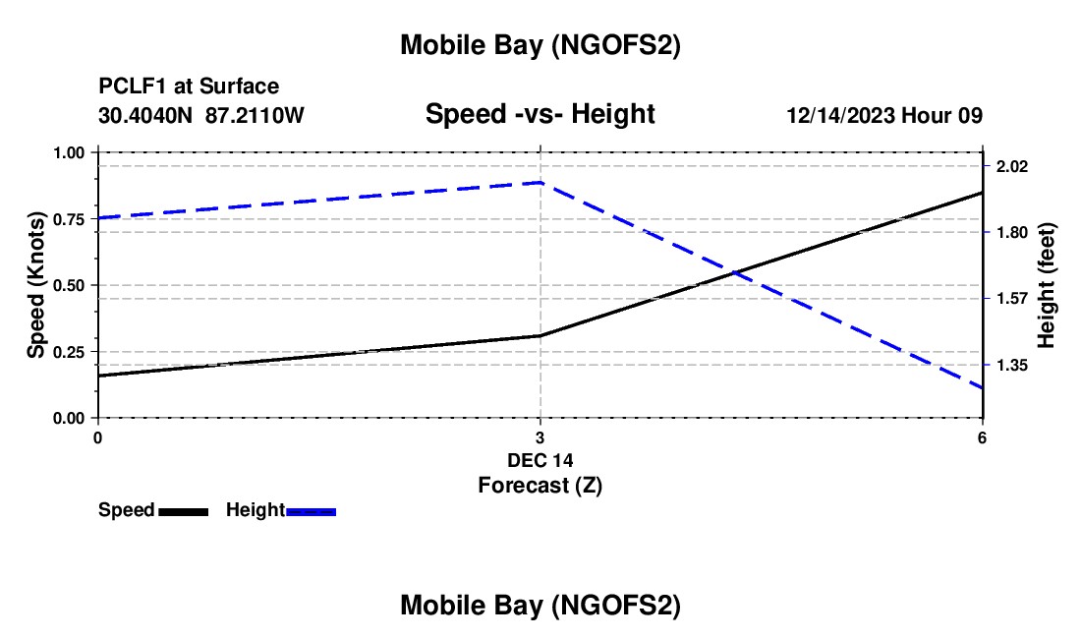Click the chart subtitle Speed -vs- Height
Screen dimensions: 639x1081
(540, 115)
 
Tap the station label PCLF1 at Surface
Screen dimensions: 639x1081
(189, 87)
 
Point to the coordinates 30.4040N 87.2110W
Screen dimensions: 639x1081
(201, 116)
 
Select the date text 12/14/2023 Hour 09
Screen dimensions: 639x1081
(884, 116)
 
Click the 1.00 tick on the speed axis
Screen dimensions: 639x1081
(68, 152)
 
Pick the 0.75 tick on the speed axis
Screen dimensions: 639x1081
(68, 219)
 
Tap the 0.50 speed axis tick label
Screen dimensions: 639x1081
(68, 285)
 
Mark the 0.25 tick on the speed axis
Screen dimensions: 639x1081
(68, 352)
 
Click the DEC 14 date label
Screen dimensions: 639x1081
(540, 460)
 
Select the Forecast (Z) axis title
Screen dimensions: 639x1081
(540, 485)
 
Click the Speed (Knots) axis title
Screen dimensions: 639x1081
(35, 285)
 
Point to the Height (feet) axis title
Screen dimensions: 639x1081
(1046, 285)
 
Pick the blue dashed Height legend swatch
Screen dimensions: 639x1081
(311, 511)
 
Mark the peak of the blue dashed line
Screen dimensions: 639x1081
(540, 182)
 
